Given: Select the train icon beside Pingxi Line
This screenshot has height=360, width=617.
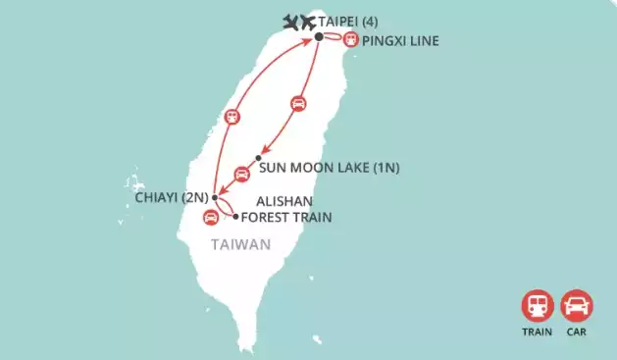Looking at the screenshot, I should tap(350, 39).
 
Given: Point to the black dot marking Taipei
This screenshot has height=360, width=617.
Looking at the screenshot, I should tap(319, 37).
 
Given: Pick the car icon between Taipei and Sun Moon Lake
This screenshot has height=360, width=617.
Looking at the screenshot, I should tap(299, 103).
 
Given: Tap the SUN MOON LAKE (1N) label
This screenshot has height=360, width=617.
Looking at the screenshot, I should tap(329, 167).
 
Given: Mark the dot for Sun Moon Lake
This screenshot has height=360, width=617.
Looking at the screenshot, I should tap(258, 159).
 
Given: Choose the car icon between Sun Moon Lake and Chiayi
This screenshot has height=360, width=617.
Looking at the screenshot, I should tap(241, 175).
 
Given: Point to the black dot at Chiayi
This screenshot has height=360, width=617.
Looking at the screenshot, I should tap(214, 198).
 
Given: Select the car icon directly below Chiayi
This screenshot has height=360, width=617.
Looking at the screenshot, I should tap(209, 218).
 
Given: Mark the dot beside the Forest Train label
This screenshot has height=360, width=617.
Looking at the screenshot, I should tap(235, 215).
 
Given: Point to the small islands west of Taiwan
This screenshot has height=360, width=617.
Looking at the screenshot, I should tap(131, 182).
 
